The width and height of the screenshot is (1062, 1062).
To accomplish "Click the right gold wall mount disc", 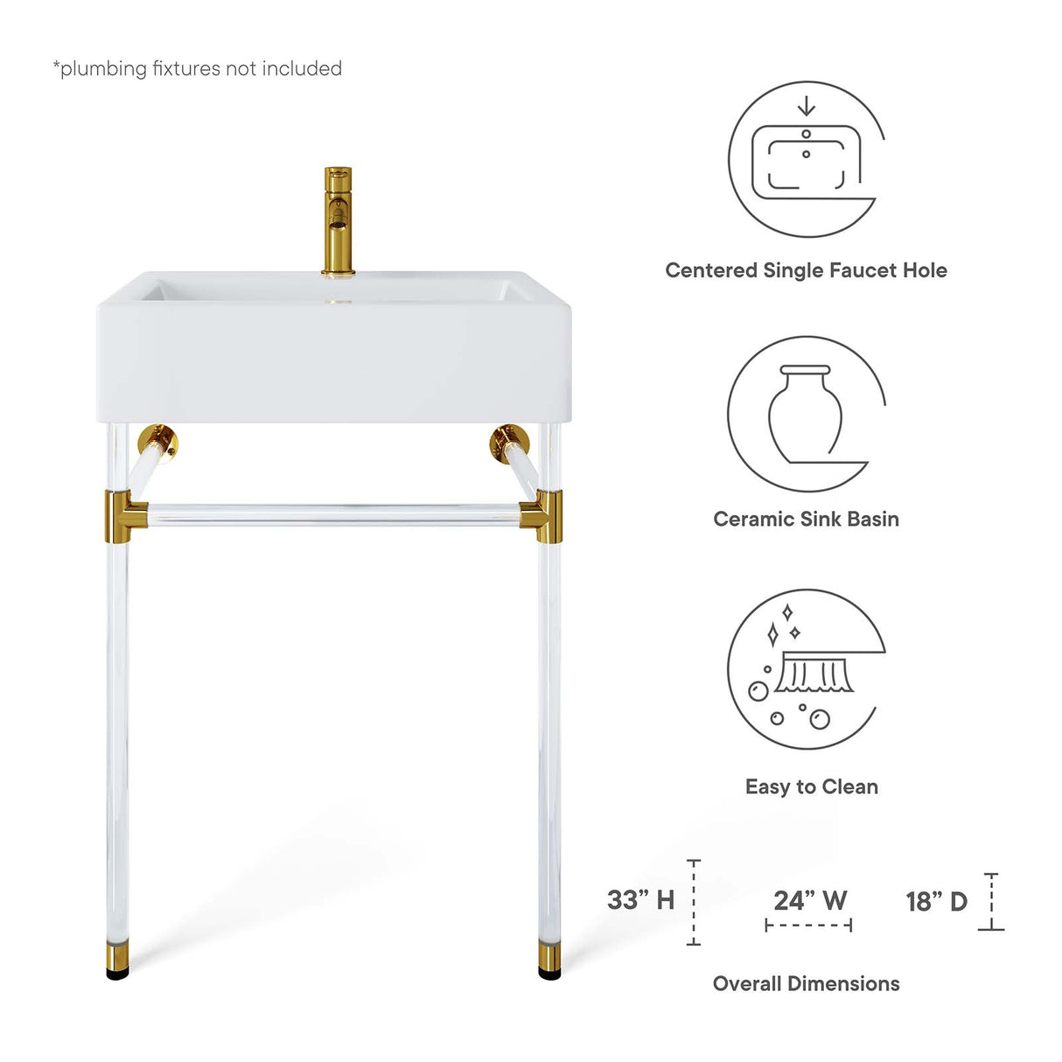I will pos(507,441).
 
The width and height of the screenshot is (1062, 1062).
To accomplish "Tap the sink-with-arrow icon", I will pos(806,159).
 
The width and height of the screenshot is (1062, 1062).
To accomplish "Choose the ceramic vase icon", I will pos(806,413).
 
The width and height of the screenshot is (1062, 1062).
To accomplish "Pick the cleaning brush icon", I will pos(806,668).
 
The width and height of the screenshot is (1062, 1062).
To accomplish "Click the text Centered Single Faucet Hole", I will pos(806,270).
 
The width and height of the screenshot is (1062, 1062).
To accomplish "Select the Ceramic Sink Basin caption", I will pos(806,519).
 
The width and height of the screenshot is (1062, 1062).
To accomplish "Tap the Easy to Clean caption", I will pos(811,786).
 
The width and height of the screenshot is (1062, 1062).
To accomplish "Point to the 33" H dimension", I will pos(641,899).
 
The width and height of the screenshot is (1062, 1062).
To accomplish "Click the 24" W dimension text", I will pos(810,900).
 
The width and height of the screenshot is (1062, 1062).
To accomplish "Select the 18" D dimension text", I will pos(936,901).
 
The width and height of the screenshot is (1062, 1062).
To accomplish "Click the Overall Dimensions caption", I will pos(806,983).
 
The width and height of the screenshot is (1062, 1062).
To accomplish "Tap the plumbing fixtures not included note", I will pos(198,68).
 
